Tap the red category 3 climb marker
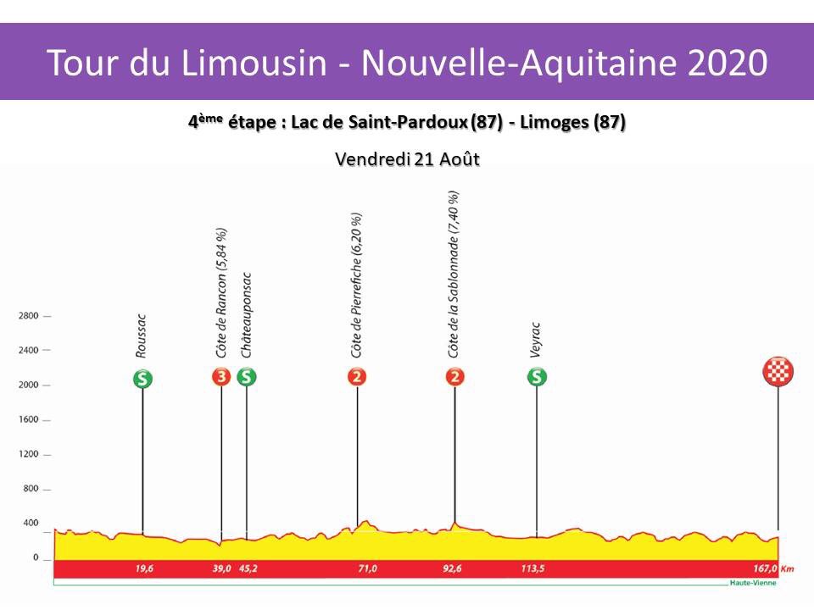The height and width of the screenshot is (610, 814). tap(221, 377)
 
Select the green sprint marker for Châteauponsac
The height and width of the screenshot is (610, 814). tap(247, 377)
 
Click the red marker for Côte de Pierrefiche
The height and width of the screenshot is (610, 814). tap(357, 377)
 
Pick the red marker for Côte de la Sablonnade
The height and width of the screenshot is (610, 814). tap(455, 377)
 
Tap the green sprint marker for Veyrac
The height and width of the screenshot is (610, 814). tap(536, 377)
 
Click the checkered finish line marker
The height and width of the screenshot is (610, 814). tap(778, 372)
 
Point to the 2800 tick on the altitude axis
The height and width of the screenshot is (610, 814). tap(28, 316)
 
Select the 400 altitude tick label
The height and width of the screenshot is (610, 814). tap(31, 524)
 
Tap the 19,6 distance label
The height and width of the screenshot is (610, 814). tap(144, 569)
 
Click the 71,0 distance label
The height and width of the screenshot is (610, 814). tap(367, 569)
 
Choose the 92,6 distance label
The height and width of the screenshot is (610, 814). tap(459, 569)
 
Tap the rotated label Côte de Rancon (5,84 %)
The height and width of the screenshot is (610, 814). tap(221, 292)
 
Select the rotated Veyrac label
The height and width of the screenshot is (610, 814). tap(536, 340)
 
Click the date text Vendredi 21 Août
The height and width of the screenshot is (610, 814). tap(408, 159)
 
